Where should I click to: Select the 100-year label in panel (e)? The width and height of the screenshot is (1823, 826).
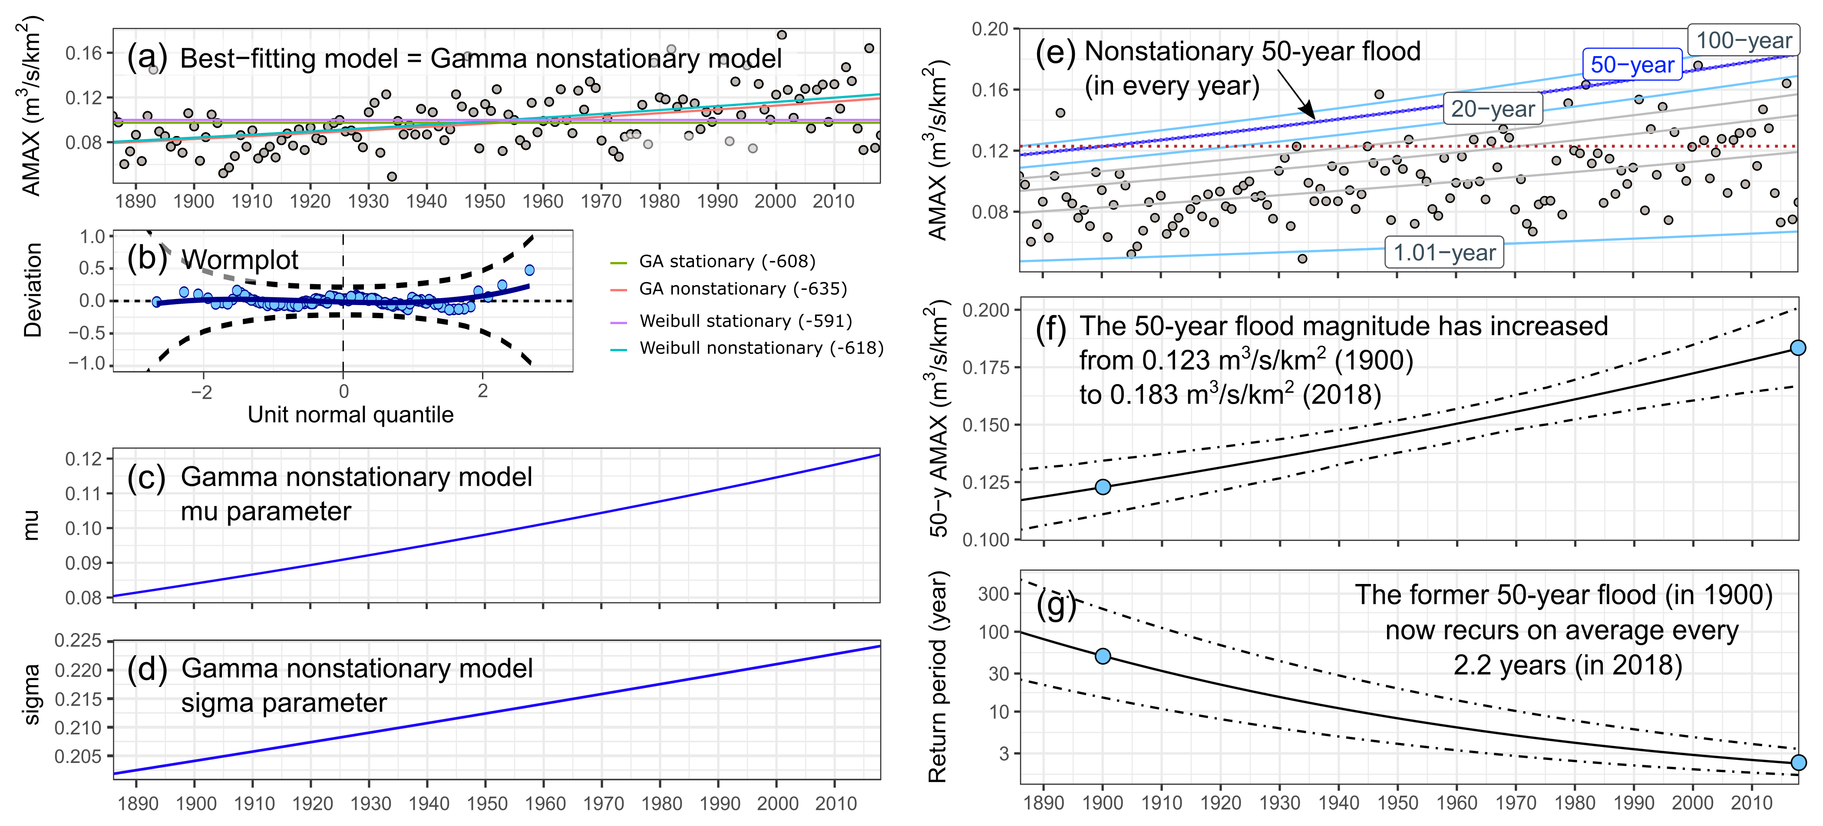1744,40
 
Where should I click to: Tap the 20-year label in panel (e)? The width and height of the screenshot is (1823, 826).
1493,109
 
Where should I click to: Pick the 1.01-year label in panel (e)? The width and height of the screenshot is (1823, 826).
1444,253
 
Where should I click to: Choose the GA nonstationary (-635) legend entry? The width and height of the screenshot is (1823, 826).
743,289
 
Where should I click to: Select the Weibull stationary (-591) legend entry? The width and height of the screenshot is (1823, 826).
745,322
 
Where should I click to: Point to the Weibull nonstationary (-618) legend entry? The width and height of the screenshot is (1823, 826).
761,348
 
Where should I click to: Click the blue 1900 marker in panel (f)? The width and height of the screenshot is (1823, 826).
1103,487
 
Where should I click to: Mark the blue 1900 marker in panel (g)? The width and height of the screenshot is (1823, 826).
1103,656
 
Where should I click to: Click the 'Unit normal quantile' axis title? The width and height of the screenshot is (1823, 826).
350,415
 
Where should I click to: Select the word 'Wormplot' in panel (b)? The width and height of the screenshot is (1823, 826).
240,260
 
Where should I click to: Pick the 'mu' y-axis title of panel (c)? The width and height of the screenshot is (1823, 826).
31,526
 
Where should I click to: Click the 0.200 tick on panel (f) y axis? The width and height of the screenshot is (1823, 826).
986,310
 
